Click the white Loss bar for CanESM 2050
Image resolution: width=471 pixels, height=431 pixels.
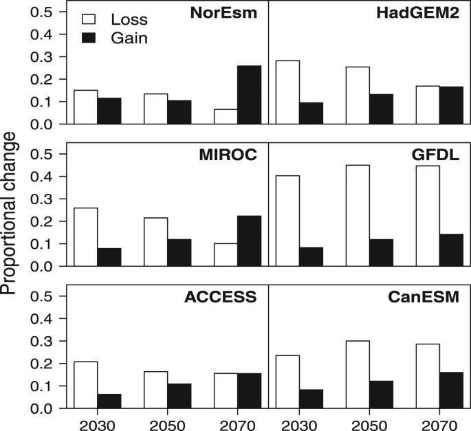[357, 375]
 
